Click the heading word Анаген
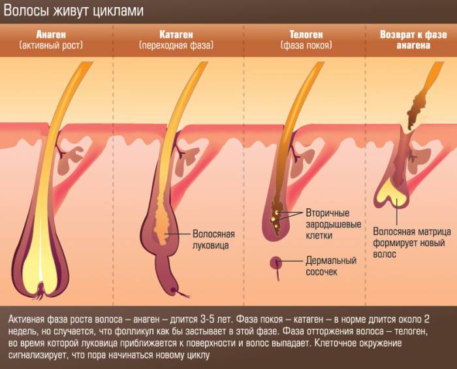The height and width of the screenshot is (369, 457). click(x=51, y=35)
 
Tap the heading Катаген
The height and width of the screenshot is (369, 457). click(x=176, y=35)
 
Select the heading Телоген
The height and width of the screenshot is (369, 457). click(x=306, y=35)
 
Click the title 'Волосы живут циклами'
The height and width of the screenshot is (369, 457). click(x=73, y=11)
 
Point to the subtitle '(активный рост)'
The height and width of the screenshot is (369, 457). click(x=51, y=46)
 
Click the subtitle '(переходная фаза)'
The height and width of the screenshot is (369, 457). click(x=176, y=46)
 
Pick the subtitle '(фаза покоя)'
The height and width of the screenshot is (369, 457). click(x=306, y=46)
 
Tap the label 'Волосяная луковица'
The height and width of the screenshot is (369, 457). click(x=213, y=240)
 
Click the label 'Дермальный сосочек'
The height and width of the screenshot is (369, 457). click(x=331, y=266)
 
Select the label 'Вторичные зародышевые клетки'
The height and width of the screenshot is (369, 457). click(x=334, y=224)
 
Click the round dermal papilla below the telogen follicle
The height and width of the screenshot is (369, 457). click(x=276, y=263)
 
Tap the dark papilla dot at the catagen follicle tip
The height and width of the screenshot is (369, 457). click(x=174, y=290)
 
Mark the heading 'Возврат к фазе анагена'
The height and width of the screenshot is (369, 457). click(x=413, y=40)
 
